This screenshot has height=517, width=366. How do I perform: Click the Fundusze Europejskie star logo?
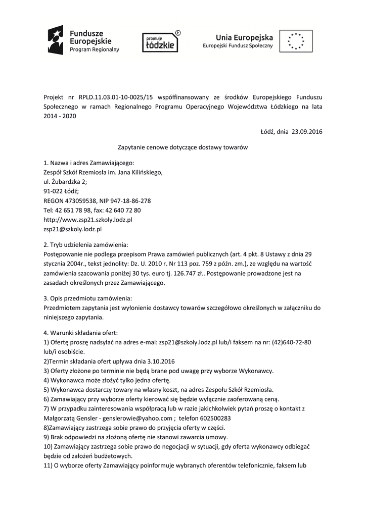pos(55,40)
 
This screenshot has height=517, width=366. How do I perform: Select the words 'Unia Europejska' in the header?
pos(244,37)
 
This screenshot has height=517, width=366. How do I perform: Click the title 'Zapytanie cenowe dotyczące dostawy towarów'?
pos(182,147)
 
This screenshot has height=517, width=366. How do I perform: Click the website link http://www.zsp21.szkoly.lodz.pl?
pos(88,220)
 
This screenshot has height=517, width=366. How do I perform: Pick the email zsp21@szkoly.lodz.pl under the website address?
pos(73,229)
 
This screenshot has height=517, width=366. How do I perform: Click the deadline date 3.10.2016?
pos(158,361)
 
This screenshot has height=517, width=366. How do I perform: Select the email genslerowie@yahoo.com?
pos(136,418)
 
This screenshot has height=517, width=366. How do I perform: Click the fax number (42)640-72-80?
pos(293,342)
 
